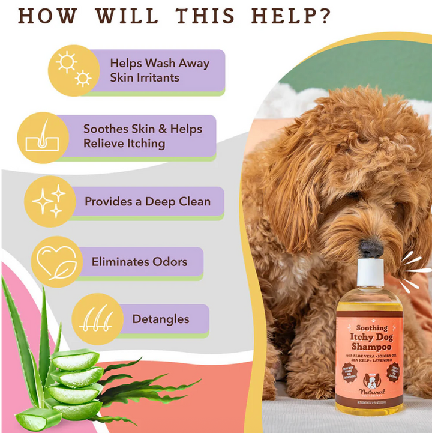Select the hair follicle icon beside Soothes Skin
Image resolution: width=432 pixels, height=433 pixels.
coord(41,136)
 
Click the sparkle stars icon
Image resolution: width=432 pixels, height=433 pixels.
coord(49,201)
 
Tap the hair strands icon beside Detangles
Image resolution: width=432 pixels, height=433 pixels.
coord(97,319)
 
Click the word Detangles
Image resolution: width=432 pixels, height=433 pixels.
coord(160,319)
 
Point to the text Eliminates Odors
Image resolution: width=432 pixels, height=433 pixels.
coord(139,262)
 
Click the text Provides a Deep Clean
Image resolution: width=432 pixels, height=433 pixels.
coord(148,202)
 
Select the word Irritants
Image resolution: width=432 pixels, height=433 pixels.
coord(144,77)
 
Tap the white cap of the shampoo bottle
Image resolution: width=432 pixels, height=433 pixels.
coord(371,274)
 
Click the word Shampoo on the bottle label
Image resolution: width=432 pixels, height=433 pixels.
coord(372,347)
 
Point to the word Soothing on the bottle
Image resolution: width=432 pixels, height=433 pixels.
coord(372,328)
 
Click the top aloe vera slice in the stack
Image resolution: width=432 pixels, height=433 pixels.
coord(74,360)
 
